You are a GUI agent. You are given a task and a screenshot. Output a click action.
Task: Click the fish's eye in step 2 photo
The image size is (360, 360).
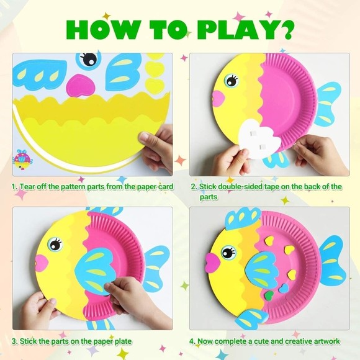click(232, 80)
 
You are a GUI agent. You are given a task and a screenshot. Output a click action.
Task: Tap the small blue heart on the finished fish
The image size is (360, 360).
click(284, 288)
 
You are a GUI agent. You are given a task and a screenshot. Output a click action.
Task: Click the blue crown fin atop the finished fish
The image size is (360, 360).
click(243, 218)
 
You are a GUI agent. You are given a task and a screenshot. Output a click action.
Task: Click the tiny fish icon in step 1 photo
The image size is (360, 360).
click(22, 160)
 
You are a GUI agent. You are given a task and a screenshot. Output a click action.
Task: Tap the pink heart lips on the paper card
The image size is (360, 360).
click(81, 85)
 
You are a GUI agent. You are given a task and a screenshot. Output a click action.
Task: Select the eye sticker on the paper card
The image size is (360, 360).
click(89, 60)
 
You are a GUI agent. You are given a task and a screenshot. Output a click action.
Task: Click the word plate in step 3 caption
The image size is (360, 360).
click(123, 341)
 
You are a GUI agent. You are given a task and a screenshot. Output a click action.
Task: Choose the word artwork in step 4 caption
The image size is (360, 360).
click(324, 341)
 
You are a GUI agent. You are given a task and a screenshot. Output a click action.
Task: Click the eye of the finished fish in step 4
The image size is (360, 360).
click(228, 252)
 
